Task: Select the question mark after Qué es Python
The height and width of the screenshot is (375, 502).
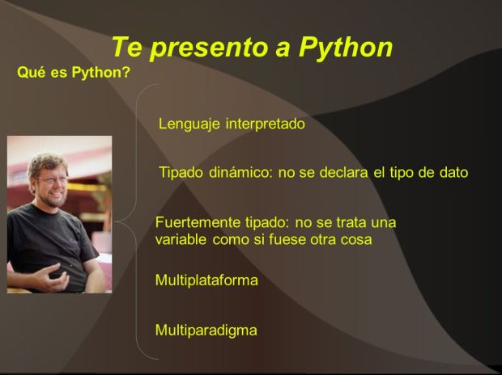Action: click(126, 73)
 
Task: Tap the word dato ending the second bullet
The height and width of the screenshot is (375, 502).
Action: click(453, 172)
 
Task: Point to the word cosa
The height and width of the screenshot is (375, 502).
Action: click(355, 239)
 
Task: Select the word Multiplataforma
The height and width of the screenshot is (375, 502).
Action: click(206, 280)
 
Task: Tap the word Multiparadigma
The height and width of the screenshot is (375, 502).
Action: click(206, 330)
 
